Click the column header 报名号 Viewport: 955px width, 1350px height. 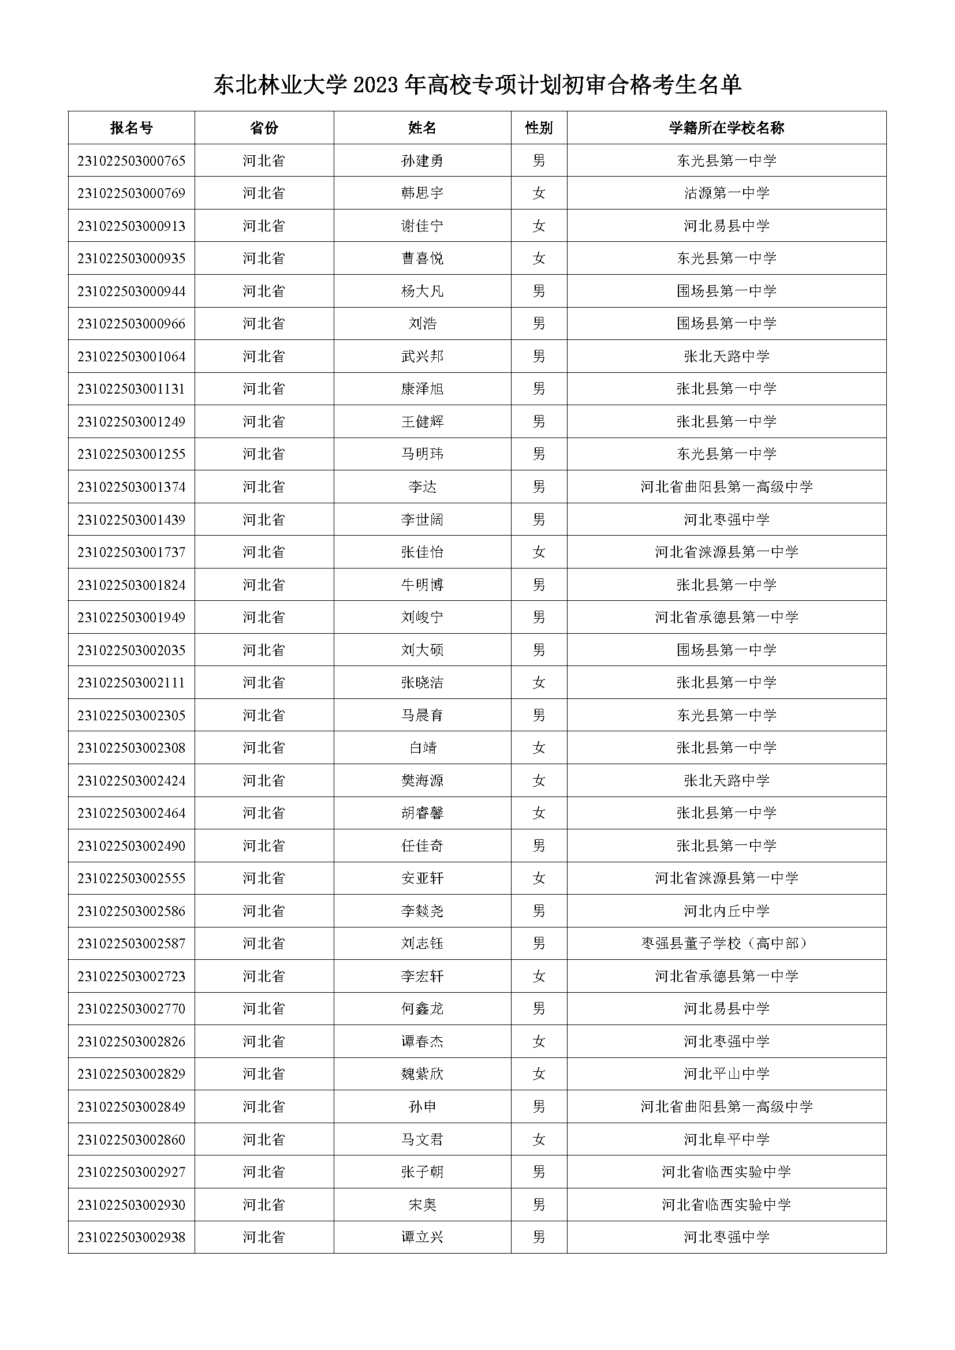tap(131, 128)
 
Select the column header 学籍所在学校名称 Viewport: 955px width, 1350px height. tap(726, 128)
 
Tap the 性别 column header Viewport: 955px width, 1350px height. tap(539, 128)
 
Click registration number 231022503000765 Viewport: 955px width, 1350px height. tap(131, 160)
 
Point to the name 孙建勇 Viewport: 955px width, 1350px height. tap(422, 160)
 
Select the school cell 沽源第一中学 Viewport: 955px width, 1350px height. tap(726, 193)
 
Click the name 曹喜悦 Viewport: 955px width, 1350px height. tap(422, 258)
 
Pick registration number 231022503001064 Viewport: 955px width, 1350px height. tap(131, 356)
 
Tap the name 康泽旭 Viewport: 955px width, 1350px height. tap(422, 388)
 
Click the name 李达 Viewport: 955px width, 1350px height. tap(422, 487)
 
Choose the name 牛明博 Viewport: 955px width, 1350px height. tap(422, 585)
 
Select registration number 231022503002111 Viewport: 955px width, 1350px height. tap(131, 683)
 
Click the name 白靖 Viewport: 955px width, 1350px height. tap(422, 748)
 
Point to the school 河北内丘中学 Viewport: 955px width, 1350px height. tap(726, 911)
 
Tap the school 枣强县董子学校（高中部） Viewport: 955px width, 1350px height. tap(726, 944)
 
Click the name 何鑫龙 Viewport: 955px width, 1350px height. tap(422, 1009)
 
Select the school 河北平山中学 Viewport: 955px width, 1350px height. tap(726, 1074)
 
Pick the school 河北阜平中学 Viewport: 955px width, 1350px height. tap(726, 1139)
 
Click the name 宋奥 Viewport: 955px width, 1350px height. tap(422, 1205)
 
